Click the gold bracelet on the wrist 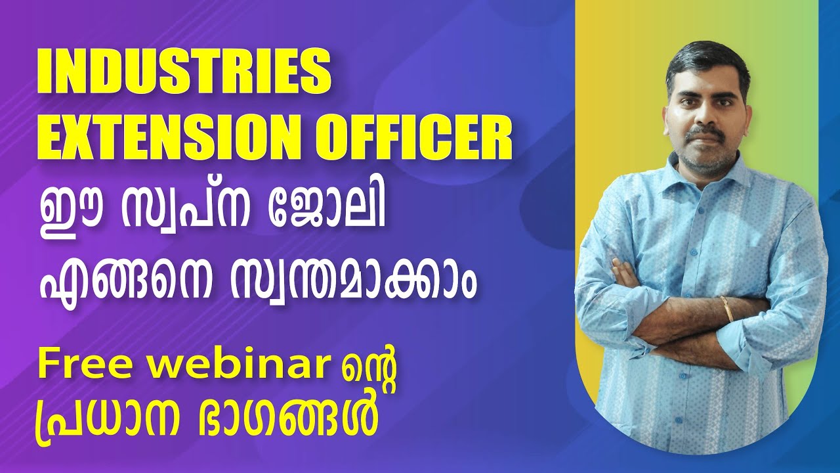[727, 309]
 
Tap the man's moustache [705, 131]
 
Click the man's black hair [705, 59]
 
